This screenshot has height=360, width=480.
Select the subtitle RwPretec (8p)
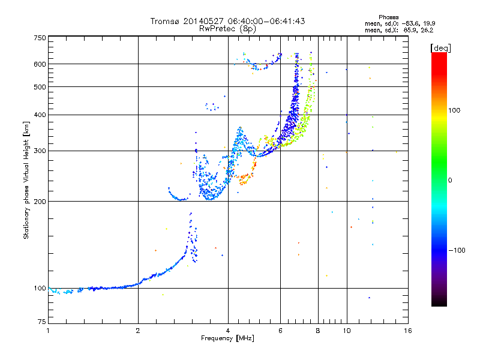click(x=227, y=29)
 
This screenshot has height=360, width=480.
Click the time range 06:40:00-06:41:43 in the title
click(x=266, y=21)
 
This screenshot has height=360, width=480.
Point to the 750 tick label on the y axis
click(x=40, y=38)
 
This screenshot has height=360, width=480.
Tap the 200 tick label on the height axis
click(x=40, y=202)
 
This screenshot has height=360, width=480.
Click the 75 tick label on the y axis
click(x=42, y=322)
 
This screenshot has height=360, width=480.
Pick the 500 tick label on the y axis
click(x=40, y=87)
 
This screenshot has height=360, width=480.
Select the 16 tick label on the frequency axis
click(x=408, y=331)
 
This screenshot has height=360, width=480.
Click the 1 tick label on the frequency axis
click(x=48, y=331)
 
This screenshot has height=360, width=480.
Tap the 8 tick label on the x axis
click(x=318, y=331)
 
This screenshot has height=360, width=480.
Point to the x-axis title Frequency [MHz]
click(x=227, y=338)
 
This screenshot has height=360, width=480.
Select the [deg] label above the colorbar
click(x=440, y=49)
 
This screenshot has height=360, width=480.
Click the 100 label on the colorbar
click(x=454, y=110)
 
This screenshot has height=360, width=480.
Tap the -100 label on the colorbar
click(x=457, y=250)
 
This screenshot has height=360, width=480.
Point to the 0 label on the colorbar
click(x=450, y=181)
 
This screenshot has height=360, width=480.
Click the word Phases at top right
click(x=388, y=17)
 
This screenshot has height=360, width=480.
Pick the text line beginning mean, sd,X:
click(x=399, y=31)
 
